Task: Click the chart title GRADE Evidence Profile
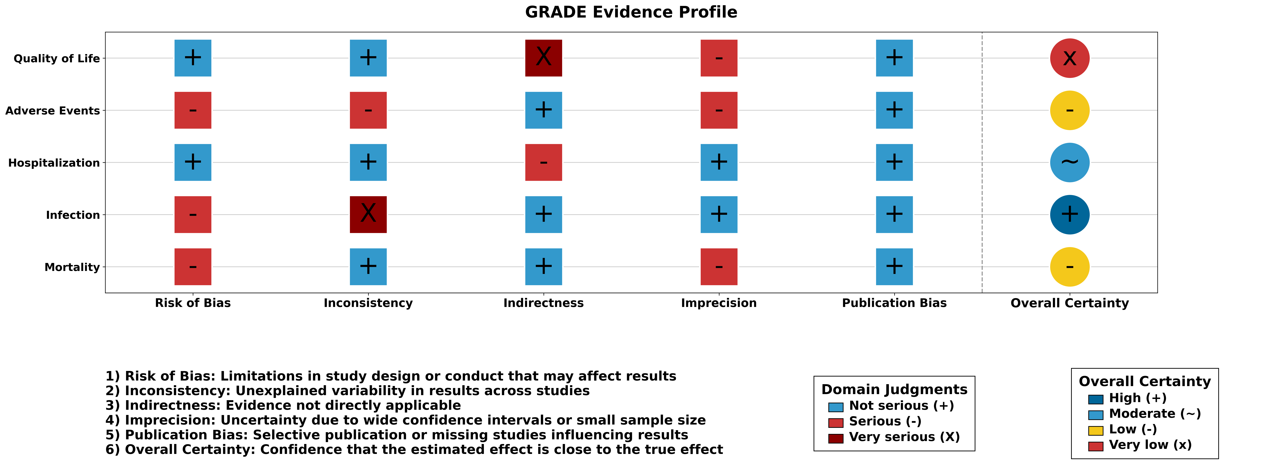click(x=631, y=12)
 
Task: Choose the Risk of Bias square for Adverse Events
click(x=193, y=110)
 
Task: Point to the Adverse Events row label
click(x=53, y=111)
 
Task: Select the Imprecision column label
click(x=719, y=303)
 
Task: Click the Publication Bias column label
click(x=894, y=303)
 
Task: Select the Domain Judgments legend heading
click(x=894, y=390)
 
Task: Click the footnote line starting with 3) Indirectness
click(x=283, y=406)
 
